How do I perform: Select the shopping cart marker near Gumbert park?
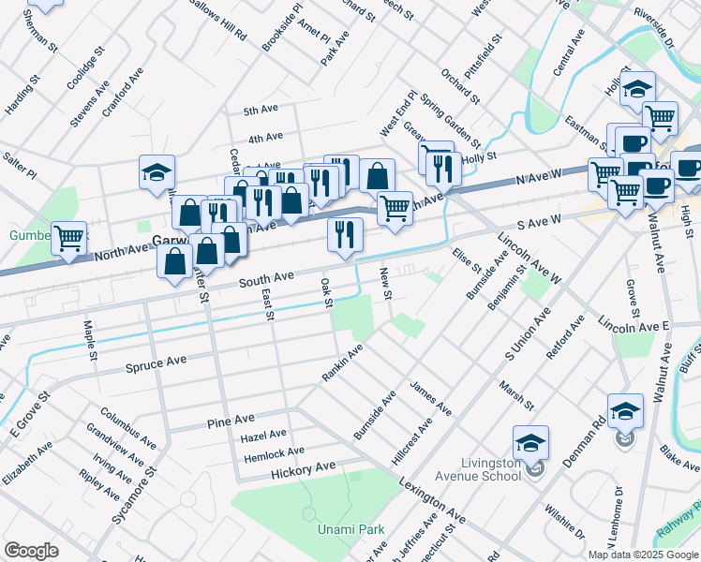point(69,239)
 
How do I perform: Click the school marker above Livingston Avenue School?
point(530,443)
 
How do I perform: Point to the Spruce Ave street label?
point(157,362)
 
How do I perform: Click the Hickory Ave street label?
point(303,467)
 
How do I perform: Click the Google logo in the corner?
point(31,551)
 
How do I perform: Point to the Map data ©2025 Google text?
point(642,555)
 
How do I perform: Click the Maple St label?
point(91,341)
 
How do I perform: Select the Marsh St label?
point(516,394)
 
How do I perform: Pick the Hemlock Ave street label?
point(269,452)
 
